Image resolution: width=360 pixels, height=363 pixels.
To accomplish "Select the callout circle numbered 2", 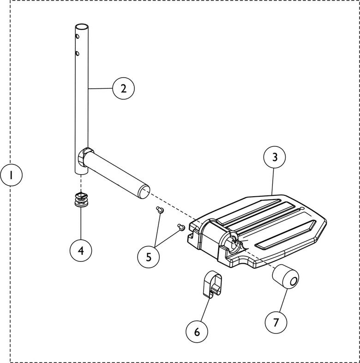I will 123,88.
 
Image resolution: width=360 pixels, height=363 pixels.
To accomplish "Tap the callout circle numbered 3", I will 275,157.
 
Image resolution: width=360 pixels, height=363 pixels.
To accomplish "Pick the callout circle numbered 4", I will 81,250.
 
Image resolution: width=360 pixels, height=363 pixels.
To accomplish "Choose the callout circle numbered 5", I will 149,257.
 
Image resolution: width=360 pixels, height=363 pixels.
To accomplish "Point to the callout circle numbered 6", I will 197,331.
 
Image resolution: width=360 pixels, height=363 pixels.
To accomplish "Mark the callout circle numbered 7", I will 276,322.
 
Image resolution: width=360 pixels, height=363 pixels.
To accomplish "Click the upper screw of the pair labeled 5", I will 160,210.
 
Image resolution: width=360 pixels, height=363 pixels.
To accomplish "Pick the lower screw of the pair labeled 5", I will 181,226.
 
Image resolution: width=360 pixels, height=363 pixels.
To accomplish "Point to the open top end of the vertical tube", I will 81,26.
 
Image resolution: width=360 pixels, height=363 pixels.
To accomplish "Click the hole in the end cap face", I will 292,280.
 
